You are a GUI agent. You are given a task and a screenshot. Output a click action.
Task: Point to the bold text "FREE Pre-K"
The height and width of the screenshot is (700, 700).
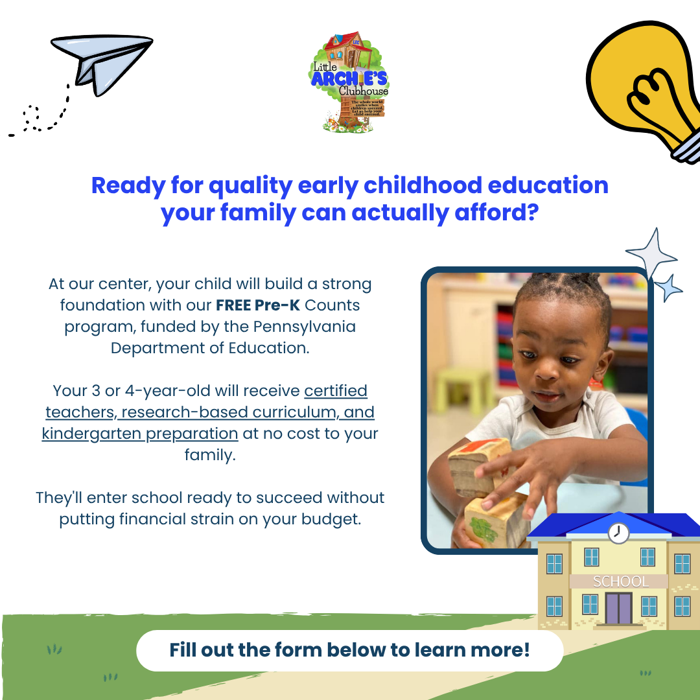(258, 304)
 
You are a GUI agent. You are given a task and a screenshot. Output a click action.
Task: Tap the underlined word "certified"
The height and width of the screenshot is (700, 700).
(336, 391)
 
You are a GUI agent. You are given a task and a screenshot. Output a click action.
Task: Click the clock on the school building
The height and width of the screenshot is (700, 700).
(618, 533)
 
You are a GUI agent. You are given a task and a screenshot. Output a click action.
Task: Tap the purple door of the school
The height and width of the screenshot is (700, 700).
(618, 608)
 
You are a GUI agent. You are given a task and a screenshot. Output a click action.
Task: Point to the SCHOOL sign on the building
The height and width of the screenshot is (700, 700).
(621, 581)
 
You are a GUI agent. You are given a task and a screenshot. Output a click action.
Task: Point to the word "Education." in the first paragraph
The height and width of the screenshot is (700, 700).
(269, 347)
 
